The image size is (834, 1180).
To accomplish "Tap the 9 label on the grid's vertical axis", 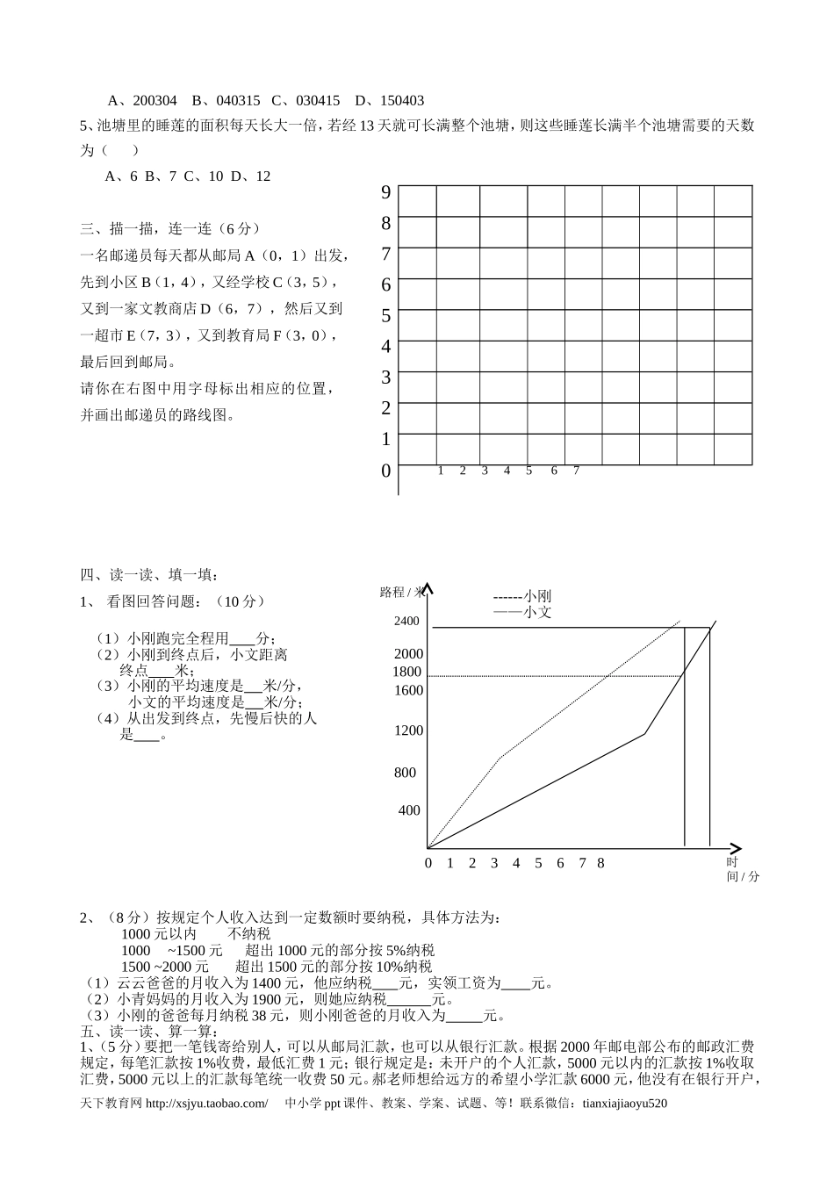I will (x=385, y=192).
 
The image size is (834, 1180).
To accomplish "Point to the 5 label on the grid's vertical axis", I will (x=385, y=315).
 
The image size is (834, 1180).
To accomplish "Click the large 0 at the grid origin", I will (x=385, y=471).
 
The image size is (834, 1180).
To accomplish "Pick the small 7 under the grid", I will (x=576, y=471).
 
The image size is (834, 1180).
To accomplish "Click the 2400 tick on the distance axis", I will (x=406, y=622).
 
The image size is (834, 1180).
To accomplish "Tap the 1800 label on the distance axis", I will (x=407, y=672).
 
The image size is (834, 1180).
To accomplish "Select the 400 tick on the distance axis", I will (x=409, y=810).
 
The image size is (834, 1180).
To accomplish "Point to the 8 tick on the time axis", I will (x=600, y=863).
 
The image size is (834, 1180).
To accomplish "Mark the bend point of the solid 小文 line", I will (x=645, y=733).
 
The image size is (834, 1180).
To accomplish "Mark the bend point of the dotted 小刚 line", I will (x=500, y=757).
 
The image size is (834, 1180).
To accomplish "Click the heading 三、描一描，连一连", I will (x=170, y=228).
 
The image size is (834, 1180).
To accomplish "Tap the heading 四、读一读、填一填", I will (x=150, y=575).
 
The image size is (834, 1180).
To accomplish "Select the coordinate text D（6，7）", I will (x=232, y=309).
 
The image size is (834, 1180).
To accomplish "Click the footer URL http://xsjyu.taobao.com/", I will (x=205, y=1104).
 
